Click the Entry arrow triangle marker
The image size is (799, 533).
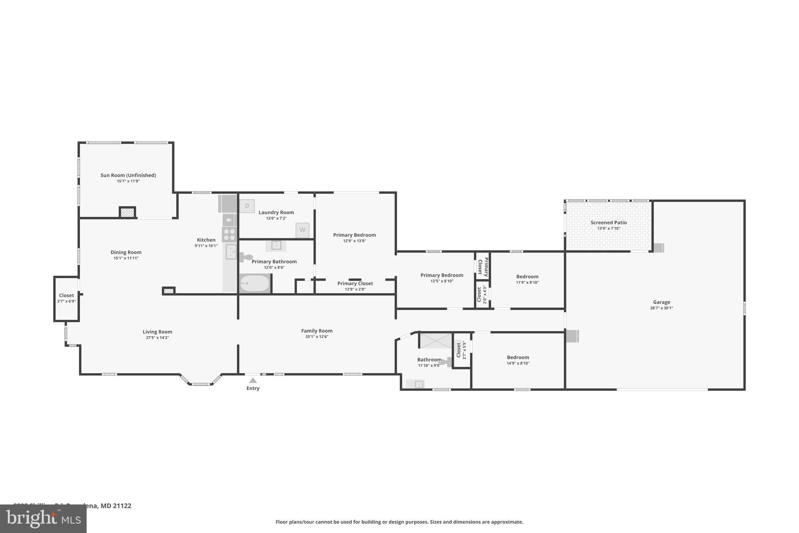click(253, 380)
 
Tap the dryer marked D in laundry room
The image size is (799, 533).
click(247, 206)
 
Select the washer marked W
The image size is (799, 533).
click(302, 230)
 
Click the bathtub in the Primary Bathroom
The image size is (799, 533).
click(254, 283)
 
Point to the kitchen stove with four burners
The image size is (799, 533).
click(229, 234)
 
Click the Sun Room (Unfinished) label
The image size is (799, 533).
click(128, 175)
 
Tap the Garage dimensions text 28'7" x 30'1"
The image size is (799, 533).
click(661, 308)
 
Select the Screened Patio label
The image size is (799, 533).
click(608, 223)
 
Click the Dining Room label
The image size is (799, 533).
click(126, 252)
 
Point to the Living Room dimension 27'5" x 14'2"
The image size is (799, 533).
click(157, 338)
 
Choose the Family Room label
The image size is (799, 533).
click(316, 331)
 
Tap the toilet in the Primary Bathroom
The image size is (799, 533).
click(246, 257)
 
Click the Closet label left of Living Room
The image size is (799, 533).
click(66, 296)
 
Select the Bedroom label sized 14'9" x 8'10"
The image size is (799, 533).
click(518, 357)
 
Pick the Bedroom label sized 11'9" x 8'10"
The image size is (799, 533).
click(527, 276)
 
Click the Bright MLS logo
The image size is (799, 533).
click(43, 519)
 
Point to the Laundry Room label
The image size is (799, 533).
click(276, 212)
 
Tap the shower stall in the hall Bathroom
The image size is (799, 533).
click(435, 340)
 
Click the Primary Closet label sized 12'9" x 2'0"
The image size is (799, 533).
click(355, 283)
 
